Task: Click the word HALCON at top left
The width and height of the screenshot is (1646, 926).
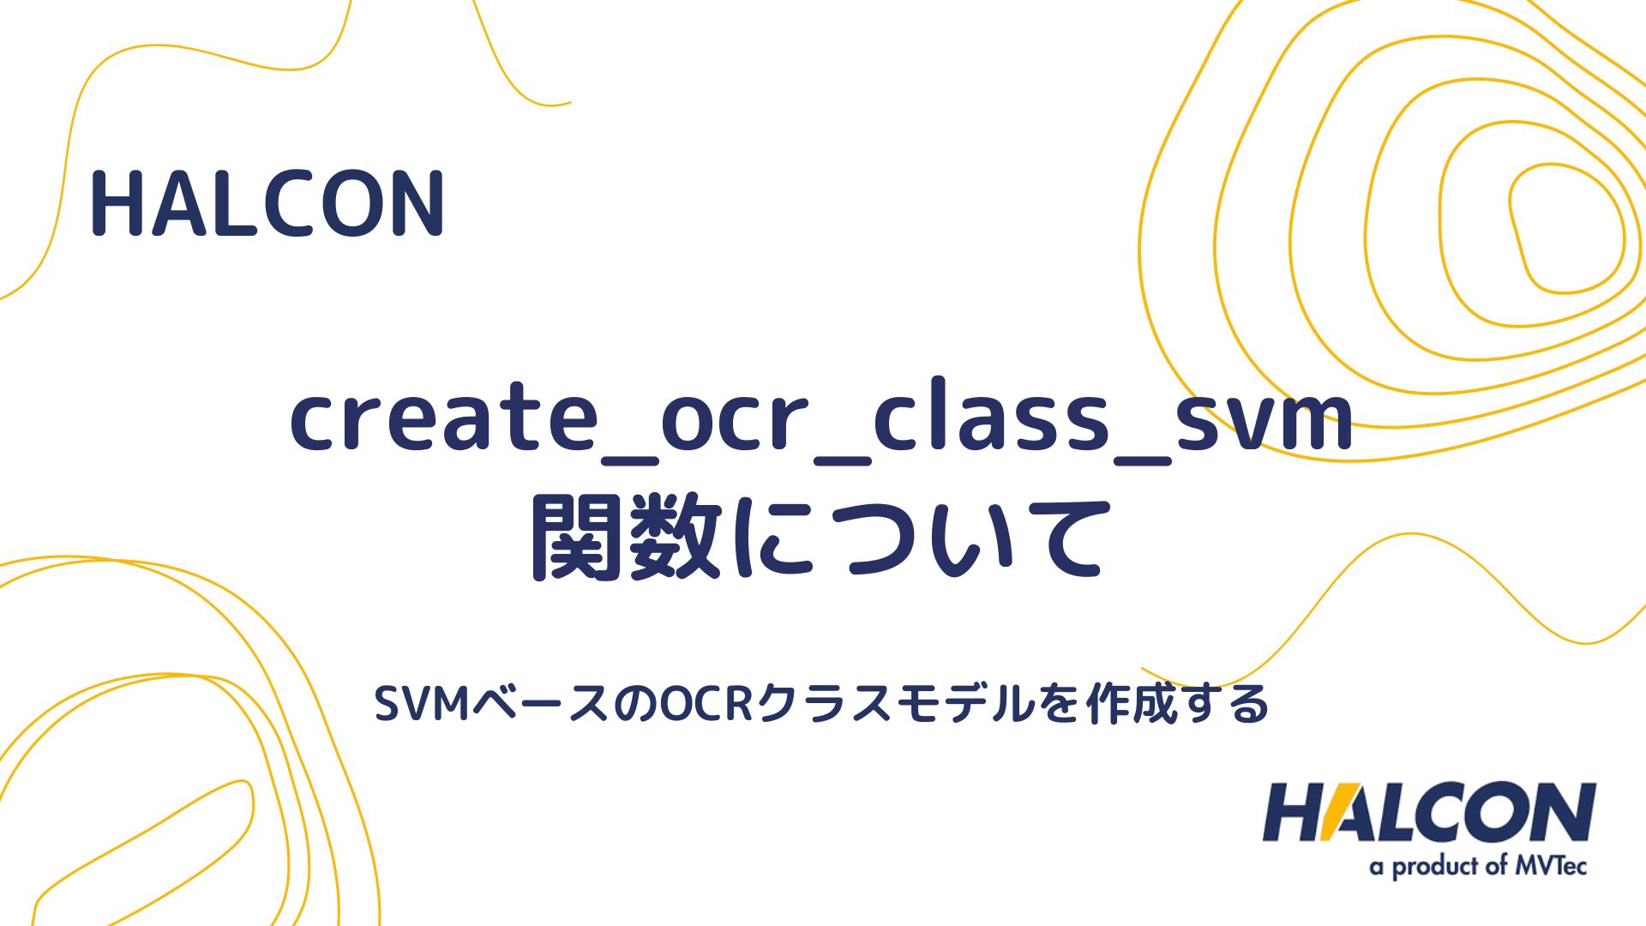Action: point(267,204)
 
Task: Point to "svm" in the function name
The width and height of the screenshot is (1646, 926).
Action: point(1264,418)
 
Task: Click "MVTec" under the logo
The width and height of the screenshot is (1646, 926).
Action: point(1551,866)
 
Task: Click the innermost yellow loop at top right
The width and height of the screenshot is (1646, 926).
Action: point(1565,228)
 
